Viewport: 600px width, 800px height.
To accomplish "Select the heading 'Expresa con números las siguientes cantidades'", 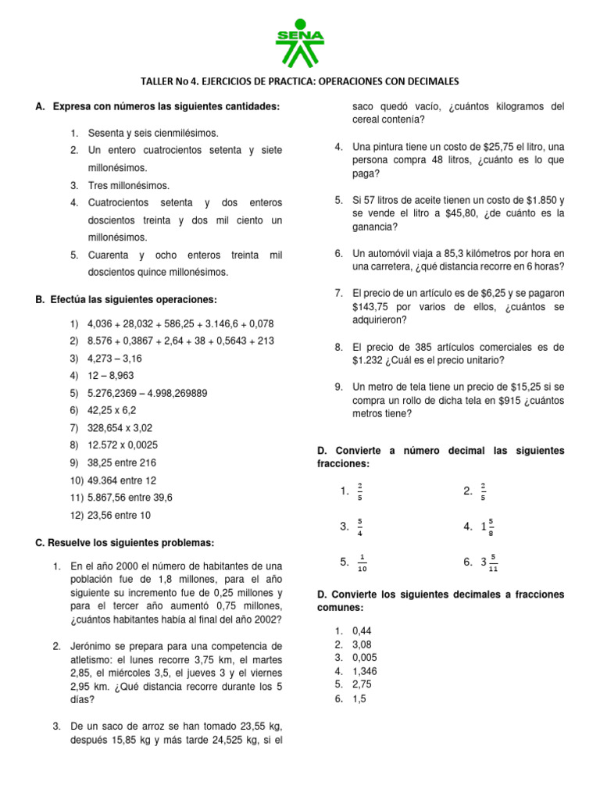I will coord(166,106).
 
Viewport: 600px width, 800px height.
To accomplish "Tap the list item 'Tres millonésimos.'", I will coord(128,185).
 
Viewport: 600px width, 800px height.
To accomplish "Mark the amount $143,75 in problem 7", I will coord(370,307).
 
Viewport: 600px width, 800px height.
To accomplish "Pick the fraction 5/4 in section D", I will coord(359,527).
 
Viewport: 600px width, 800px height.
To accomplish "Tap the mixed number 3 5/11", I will coord(489,562).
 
